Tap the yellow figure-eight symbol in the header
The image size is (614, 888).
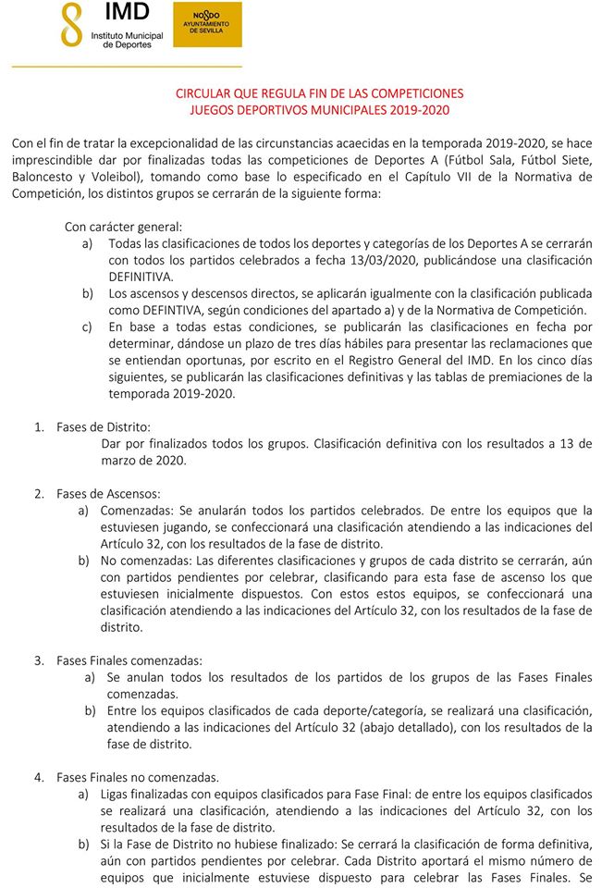(x=71, y=25)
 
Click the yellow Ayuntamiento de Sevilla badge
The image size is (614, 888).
(x=207, y=24)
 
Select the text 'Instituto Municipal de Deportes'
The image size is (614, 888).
(x=126, y=39)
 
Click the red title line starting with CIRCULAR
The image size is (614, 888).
(x=319, y=93)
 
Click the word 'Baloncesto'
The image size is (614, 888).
(x=43, y=177)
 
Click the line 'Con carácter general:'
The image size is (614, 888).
(x=123, y=227)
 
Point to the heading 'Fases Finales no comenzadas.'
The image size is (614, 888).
(x=138, y=777)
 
